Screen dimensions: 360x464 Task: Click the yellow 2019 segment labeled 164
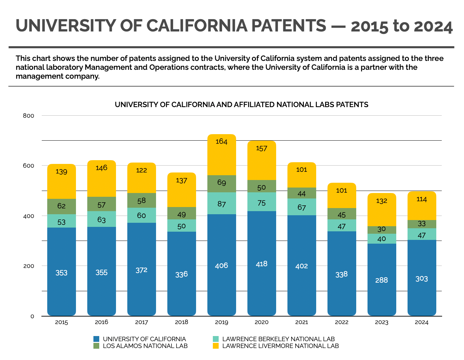[x=221, y=155]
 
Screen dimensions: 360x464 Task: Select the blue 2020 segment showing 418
[x=261, y=263]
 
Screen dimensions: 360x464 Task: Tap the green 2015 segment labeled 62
[x=62, y=206]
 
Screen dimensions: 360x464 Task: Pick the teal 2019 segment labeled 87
[x=221, y=204]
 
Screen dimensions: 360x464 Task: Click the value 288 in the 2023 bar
[x=382, y=280]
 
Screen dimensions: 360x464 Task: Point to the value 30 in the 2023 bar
[x=382, y=230]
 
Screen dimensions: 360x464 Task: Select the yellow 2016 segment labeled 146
[x=102, y=179]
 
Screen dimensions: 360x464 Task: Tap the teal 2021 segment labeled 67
[x=301, y=207]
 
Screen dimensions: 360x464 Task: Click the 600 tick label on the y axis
[x=29, y=166]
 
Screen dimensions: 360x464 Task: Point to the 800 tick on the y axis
[x=29, y=116]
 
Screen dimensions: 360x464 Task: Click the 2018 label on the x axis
[x=181, y=322]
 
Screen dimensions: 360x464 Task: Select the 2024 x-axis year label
[x=422, y=322]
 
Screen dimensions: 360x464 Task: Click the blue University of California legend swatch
[x=96, y=339]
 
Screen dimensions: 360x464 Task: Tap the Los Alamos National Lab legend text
[x=145, y=346]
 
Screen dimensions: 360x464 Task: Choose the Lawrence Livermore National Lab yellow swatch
[x=216, y=346]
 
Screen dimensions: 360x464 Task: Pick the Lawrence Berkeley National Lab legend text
[x=278, y=339]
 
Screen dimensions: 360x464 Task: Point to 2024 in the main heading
[x=433, y=26]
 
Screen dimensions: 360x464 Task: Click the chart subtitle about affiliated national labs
[x=242, y=105]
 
